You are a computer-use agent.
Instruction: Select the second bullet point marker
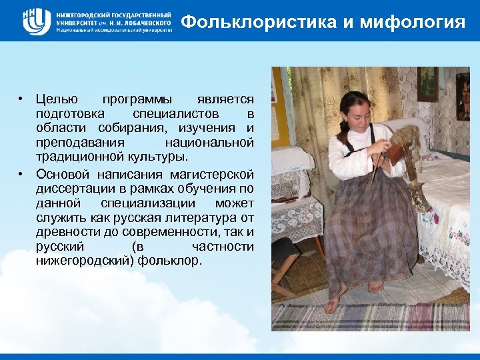[22, 175]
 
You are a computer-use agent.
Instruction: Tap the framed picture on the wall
[427, 83]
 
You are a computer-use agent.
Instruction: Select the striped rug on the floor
[373, 316]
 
